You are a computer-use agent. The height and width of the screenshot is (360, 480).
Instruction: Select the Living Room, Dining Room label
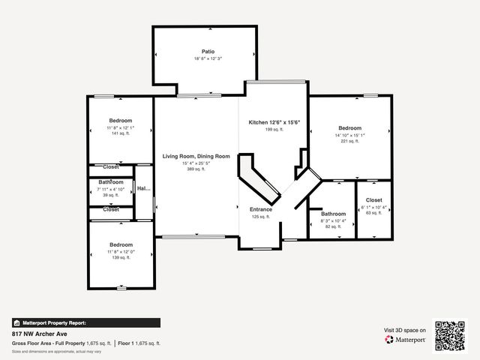[x=196, y=156]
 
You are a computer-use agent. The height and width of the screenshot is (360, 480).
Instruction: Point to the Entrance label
[x=262, y=209]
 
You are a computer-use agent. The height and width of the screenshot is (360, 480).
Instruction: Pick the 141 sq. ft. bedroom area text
[x=121, y=133]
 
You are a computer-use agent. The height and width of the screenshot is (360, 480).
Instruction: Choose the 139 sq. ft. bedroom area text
[x=121, y=257]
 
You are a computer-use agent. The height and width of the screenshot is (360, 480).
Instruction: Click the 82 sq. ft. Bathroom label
[x=334, y=214]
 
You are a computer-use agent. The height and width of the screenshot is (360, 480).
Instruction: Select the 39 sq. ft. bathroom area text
[x=110, y=195]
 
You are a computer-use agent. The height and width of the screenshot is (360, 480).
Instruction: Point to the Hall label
[x=143, y=189]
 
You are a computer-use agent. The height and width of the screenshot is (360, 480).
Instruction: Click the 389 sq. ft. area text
[x=196, y=169]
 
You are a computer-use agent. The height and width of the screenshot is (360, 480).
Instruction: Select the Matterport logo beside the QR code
[x=406, y=340]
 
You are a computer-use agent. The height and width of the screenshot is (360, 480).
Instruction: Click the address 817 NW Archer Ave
[x=39, y=334]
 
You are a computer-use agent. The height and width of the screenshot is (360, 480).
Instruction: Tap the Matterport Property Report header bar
[x=85, y=322]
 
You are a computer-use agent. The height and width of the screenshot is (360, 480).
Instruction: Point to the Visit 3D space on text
[x=405, y=330]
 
